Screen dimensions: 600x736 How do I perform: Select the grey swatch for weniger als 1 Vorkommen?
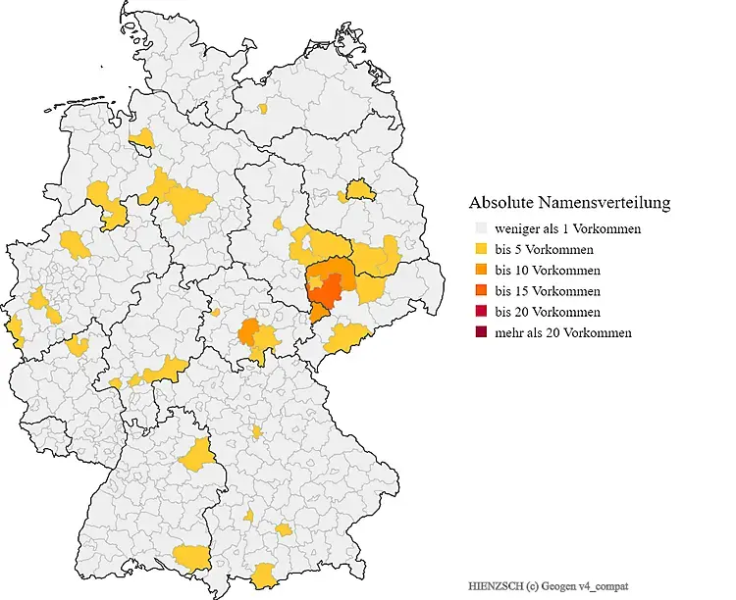pyautogui.click(x=478, y=228)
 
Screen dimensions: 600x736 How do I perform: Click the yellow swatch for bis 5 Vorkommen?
pyautogui.click(x=478, y=249)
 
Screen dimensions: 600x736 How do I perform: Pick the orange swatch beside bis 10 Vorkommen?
pyautogui.click(x=478, y=270)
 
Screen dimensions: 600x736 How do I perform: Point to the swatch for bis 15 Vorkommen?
pyautogui.click(x=478, y=291)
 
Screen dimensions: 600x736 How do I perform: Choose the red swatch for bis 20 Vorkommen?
pyautogui.click(x=478, y=312)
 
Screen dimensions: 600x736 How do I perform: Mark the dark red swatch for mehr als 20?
pyautogui.click(x=478, y=332)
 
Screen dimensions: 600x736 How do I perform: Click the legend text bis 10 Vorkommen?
pyautogui.click(x=548, y=270)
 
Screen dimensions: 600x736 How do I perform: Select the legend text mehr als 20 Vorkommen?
pyautogui.click(x=563, y=332)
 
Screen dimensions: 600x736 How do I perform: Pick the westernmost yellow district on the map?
pyautogui.click(x=15, y=326)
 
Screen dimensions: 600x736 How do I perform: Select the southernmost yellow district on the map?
pyautogui.click(x=264, y=576)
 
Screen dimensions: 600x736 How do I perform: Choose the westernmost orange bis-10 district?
pyautogui.click(x=249, y=329)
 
